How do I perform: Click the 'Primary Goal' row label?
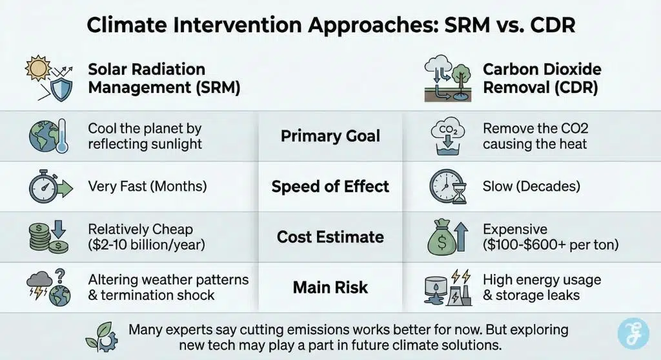(330, 136)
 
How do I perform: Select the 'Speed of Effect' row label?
(330, 187)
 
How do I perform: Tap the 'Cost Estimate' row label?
(330, 237)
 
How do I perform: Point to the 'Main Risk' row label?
(330, 287)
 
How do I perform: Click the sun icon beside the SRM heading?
(37, 70)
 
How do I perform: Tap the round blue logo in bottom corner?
(633, 333)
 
